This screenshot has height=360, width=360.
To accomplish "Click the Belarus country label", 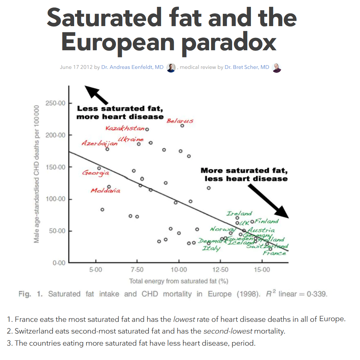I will click(x=180, y=121).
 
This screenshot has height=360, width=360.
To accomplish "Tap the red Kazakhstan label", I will click(x=125, y=128).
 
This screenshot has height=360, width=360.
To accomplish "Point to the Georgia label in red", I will click(x=95, y=172).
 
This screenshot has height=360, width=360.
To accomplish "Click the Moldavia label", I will click(x=105, y=190).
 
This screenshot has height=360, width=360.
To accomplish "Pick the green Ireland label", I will click(x=239, y=213).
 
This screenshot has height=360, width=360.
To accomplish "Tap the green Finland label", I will click(x=267, y=221).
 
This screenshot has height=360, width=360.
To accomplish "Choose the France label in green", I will click(x=274, y=253).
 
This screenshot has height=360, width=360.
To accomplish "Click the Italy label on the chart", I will click(x=211, y=248).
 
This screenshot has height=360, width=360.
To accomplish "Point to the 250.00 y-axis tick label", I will click(x=55, y=103).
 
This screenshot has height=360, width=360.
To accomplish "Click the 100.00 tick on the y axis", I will click(x=55, y=199).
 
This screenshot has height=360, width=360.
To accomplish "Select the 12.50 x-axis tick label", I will click(x=220, y=270).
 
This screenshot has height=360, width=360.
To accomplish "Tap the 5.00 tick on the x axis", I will click(x=95, y=270).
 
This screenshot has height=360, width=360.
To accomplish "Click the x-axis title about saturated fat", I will click(x=178, y=281).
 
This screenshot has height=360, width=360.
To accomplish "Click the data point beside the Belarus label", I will click(x=182, y=126).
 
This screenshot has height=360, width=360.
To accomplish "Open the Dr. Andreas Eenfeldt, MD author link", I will click(x=132, y=67).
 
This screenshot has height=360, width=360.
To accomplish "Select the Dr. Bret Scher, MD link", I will click(x=247, y=67).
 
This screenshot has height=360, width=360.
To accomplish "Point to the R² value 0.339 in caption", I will click(x=317, y=294).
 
